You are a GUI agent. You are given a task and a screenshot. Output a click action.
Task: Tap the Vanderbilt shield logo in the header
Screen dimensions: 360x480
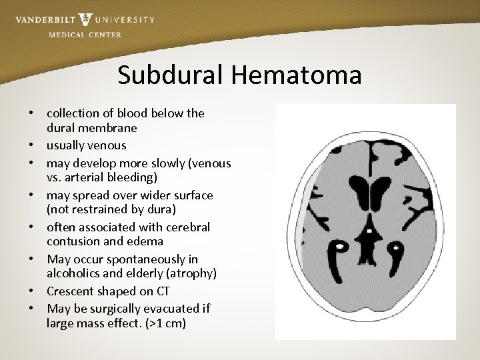coord(85,19)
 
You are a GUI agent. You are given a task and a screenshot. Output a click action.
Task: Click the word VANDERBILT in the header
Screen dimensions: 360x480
coord(45,19)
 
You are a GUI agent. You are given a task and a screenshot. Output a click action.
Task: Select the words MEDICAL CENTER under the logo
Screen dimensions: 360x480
coord(85,35)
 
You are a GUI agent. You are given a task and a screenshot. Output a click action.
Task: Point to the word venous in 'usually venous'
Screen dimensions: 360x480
coord(107,145)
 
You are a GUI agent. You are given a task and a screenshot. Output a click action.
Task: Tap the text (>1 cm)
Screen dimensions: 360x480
coord(165,325)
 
